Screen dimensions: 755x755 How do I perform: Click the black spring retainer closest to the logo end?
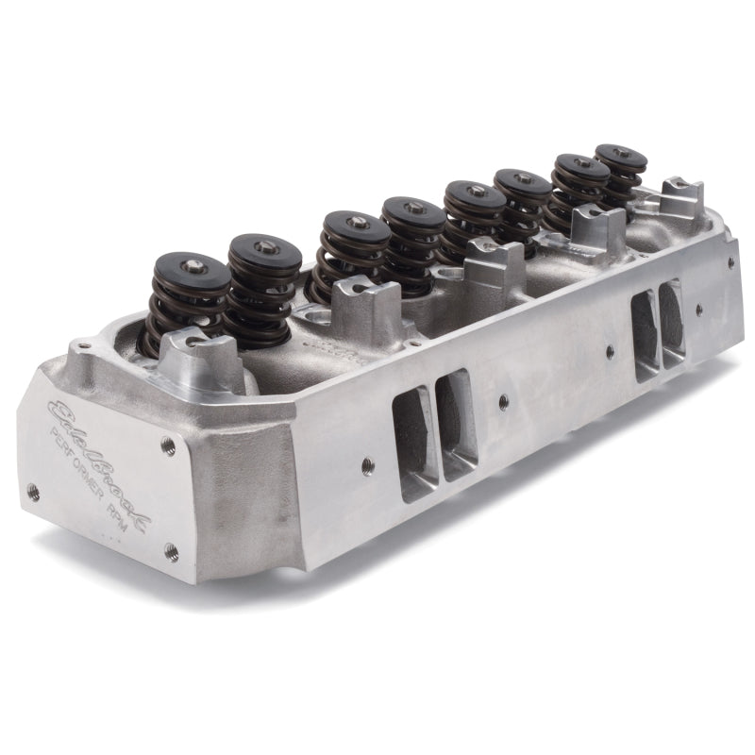[x=192, y=271]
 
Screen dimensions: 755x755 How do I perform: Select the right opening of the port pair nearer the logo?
[x=458, y=425]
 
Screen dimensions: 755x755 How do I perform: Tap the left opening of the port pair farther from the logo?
[x=646, y=335]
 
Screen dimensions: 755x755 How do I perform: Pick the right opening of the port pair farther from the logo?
[x=673, y=321]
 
